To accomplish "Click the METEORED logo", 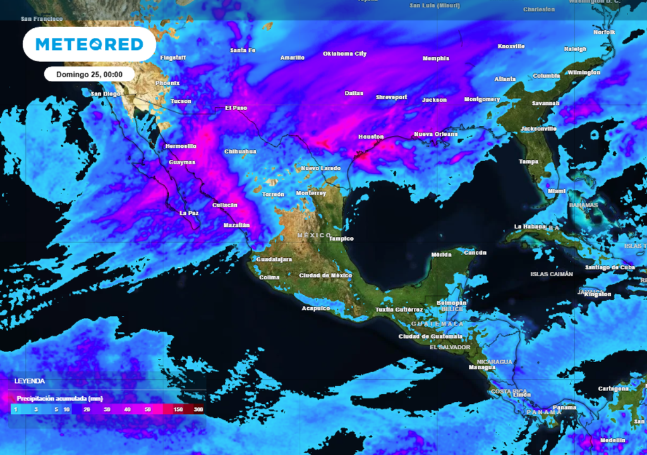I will click(89, 44).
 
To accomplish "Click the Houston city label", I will click(371, 136).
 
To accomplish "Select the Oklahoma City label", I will click(344, 54).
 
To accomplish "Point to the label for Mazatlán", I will click(237, 225).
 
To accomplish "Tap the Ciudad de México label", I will click(325, 276).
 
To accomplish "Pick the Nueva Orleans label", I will click(435, 134).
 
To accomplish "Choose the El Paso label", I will click(236, 108).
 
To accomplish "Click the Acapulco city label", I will click(316, 308).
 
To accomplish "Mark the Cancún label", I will click(475, 252).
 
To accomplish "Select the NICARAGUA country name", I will click(494, 361).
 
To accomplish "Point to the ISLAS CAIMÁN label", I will click(551, 274).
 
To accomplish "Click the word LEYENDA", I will click(30, 382).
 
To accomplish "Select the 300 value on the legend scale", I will click(198, 410).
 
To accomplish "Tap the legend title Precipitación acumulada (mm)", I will click(59, 399).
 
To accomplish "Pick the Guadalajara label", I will click(274, 259).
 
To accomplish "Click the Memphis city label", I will click(436, 59).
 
